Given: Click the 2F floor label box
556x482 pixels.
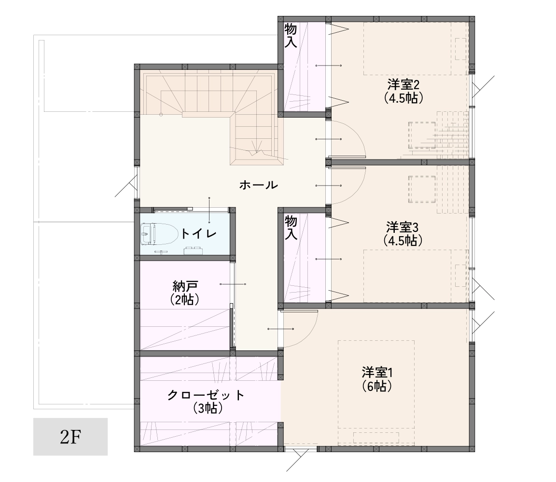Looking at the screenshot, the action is tap(70, 436).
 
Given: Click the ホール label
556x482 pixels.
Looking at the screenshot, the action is tap(259, 185).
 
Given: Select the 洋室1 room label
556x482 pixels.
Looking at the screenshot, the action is tap(377, 373).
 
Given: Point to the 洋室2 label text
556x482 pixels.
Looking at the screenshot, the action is tap(403, 85).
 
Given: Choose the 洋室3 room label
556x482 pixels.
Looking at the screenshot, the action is tap(403, 227).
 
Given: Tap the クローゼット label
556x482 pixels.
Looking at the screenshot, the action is tap(206, 395).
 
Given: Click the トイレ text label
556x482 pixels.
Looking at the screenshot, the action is tap(198, 233).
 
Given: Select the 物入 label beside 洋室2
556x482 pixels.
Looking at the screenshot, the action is tap(291, 35).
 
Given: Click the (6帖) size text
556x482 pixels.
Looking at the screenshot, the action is tap(377, 386).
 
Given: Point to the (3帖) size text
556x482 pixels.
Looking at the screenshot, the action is tap(208, 408).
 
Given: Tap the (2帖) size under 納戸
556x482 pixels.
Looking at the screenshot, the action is tap(184, 300).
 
